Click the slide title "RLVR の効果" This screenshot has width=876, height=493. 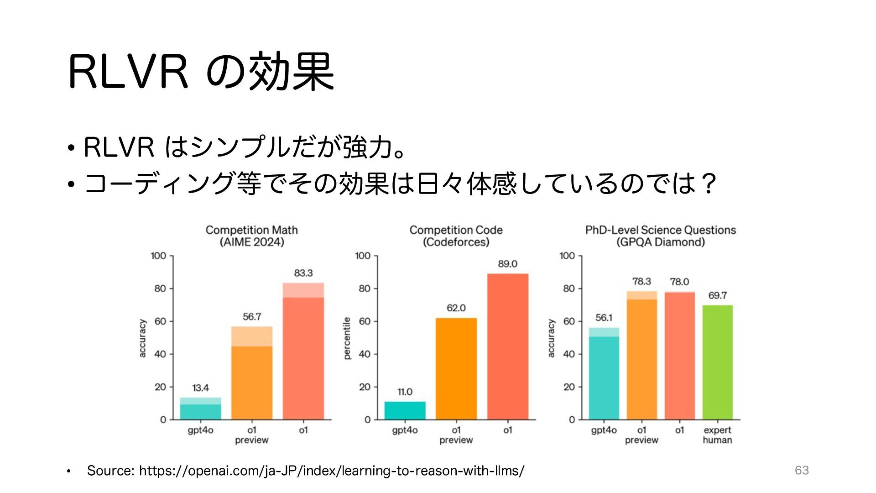[x=201, y=72]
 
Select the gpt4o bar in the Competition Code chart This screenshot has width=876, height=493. [x=405, y=410]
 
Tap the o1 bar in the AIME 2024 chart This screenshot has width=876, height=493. [x=303, y=351]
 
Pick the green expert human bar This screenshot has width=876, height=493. [x=717, y=362]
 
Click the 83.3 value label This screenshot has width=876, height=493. [x=303, y=273]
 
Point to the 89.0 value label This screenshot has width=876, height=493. [x=507, y=264]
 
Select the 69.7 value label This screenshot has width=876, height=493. [x=717, y=295]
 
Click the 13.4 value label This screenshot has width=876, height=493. [x=200, y=388]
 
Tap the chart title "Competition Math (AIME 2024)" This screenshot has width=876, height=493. [x=251, y=236]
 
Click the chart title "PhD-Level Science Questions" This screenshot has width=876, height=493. [x=660, y=230]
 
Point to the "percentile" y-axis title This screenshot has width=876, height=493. [x=347, y=338]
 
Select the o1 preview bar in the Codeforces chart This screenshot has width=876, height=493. [x=456, y=369]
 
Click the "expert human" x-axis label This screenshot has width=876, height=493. [x=717, y=435]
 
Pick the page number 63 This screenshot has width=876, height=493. [x=802, y=470]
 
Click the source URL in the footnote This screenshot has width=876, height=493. [x=332, y=471]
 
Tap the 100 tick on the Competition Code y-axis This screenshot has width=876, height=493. [x=363, y=256]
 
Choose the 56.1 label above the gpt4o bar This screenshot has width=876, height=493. [x=604, y=318]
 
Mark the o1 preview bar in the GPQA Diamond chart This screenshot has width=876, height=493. [x=641, y=356]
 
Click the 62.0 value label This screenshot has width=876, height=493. [x=456, y=308]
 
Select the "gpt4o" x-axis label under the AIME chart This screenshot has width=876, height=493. [x=200, y=430]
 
